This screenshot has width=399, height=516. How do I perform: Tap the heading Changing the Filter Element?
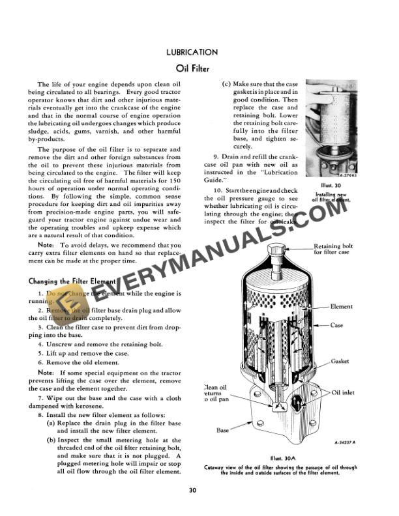tap(72, 281)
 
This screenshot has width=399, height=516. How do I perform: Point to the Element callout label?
tap(342, 306)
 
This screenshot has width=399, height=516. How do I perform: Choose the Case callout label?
tap(337, 325)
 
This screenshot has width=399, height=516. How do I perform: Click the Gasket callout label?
tap(340, 360)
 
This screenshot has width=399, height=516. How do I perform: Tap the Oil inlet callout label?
tap(343, 393)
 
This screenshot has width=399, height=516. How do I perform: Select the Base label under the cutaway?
tap(222, 430)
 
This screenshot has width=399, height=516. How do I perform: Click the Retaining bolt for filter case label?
tap(334, 250)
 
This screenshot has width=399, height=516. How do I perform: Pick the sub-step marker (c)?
tap(226, 85)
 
